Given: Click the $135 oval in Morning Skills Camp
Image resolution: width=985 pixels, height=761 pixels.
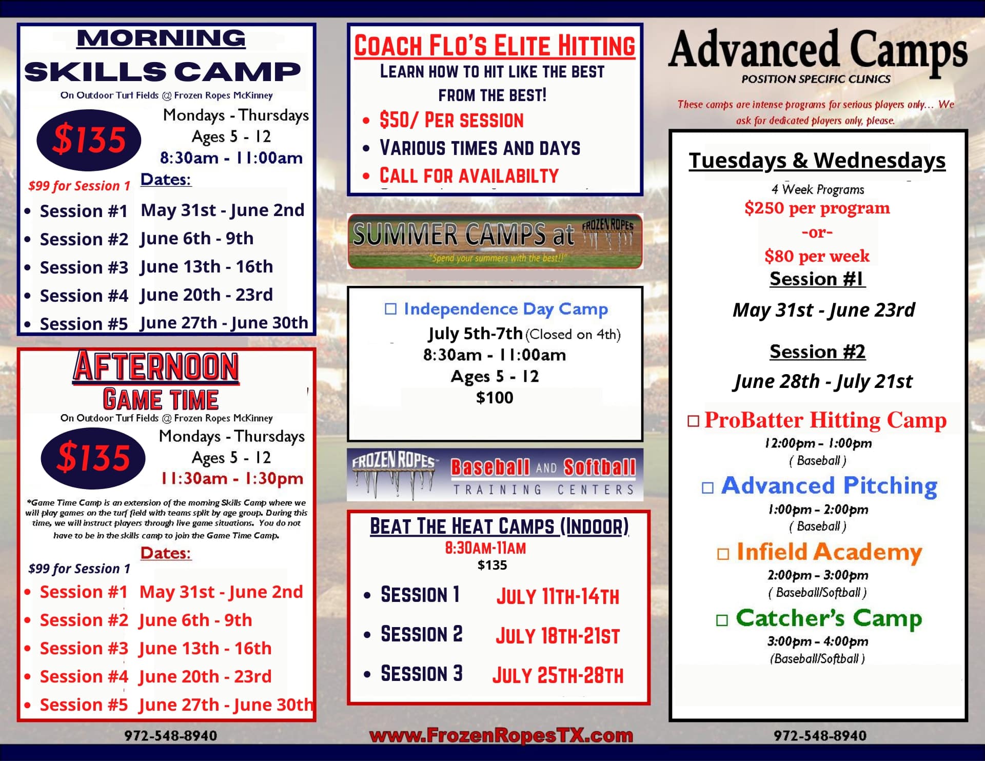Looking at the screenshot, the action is pyautogui.click(x=89, y=140).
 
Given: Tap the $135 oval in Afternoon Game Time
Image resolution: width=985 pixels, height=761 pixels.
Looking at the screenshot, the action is pyautogui.click(x=93, y=457).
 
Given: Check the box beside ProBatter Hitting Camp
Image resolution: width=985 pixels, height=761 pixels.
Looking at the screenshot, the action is pyautogui.click(x=693, y=421).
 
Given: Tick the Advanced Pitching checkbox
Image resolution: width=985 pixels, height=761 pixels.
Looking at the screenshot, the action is pyautogui.click(x=707, y=487).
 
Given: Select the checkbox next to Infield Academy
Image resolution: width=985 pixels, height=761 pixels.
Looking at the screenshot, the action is pyautogui.click(x=723, y=554).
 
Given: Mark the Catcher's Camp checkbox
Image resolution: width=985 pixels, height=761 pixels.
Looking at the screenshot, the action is pyautogui.click(x=722, y=620).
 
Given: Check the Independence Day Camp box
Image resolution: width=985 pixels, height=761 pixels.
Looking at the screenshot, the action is pyautogui.click(x=391, y=309).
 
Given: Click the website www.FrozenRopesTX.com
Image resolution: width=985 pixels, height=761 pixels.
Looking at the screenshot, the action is pyautogui.click(x=501, y=736).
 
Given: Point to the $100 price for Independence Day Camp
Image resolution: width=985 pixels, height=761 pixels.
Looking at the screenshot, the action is pyautogui.click(x=495, y=398).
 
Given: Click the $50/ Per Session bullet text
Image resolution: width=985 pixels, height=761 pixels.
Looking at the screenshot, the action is pyautogui.click(x=451, y=121).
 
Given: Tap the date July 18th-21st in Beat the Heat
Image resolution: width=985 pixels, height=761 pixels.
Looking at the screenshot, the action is pyautogui.click(x=558, y=636).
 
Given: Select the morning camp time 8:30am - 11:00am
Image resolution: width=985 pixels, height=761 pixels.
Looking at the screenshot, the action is pyautogui.click(x=231, y=158).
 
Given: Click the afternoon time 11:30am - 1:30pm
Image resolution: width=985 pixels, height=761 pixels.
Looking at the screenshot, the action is pyautogui.click(x=232, y=479).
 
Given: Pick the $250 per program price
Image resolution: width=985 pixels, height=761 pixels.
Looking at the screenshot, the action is pyautogui.click(x=817, y=208).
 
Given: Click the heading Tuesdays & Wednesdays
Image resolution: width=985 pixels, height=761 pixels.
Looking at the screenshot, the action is pyautogui.click(x=817, y=161).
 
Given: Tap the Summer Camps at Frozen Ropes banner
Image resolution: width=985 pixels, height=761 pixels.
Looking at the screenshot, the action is pyautogui.click(x=495, y=241).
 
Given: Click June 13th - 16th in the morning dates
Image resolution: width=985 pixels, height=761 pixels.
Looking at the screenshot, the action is pyautogui.click(x=206, y=267).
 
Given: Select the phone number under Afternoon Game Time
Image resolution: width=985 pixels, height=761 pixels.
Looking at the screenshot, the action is pyautogui.click(x=170, y=736).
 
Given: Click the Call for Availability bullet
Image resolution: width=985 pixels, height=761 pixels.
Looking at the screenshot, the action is pyautogui.click(x=469, y=176).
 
